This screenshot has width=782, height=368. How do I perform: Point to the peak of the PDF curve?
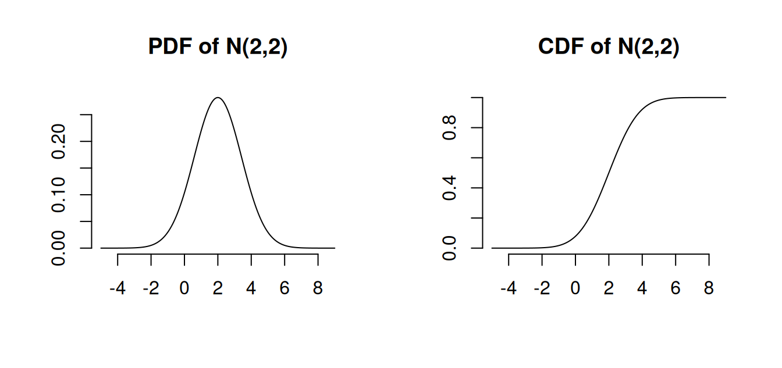[x=218, y=98]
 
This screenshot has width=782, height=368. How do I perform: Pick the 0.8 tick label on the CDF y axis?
[x=449, y=127]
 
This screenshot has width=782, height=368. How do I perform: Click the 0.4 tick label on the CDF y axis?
[x=449, y=188]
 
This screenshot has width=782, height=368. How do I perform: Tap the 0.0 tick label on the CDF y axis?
[x=449, y=248]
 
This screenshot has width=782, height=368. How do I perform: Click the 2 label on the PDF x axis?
[x=218, y=288]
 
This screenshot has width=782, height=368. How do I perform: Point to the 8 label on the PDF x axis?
[x=318, y=288]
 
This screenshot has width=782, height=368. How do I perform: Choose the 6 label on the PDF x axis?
[x=285, y=288]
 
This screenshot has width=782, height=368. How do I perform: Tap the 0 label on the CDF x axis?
[x=575, y=288]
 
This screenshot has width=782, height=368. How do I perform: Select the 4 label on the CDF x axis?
[x=642, y=288]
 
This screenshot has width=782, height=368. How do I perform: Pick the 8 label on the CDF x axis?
[x=709, y=288]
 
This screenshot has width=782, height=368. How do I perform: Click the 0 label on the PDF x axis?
[x=184, y=288]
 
